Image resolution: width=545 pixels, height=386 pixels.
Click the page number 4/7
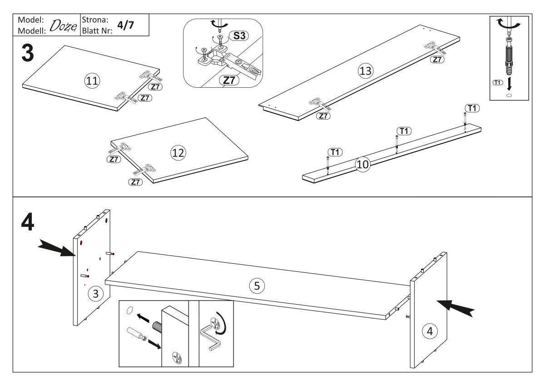(125, 25)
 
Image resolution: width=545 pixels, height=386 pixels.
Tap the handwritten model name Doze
(63, 26)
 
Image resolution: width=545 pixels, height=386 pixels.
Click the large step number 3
(28, 53)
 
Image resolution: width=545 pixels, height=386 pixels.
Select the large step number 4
(28, 222)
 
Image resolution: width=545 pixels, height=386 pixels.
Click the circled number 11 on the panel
(92, 80)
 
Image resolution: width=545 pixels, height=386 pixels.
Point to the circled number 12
(178, 153)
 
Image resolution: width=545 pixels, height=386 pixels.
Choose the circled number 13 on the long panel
(366, 71)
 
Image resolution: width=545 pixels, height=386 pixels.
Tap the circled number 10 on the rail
(362, 165)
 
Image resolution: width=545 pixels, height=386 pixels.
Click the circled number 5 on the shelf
(257, 286)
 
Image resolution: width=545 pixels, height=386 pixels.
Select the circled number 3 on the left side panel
(96, 294)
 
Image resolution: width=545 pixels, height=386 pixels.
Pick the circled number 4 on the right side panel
(430, 331)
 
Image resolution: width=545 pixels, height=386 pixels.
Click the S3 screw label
(239, 36)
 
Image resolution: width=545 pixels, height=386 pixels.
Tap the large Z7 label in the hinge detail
(229, 80)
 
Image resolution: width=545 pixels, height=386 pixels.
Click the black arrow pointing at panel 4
(456, 308)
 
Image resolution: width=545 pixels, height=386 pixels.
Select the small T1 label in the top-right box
(498, 83)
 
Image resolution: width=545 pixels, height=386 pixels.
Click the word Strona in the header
(95, 20)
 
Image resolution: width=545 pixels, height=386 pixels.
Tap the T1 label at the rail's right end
(472, 108)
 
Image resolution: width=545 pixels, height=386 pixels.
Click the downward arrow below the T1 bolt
(509, 84)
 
